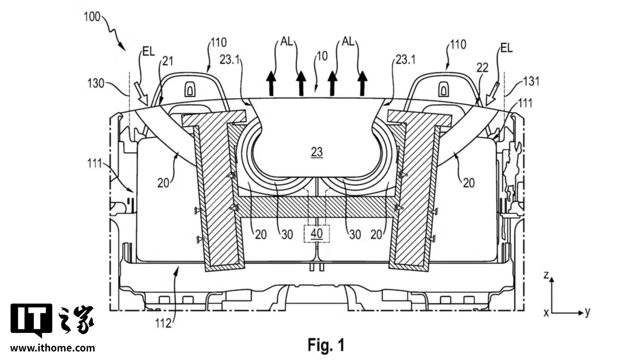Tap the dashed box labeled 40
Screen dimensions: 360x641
point(316,234)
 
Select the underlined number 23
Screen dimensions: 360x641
point(316,152)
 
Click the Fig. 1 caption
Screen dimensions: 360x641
point(326,344)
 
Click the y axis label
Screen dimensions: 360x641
point(588,312)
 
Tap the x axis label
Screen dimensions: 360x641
point(546,312)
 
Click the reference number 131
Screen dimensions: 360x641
point(531,81)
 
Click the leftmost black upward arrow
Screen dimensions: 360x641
point(271,83)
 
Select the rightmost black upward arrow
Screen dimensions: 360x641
point(362,83)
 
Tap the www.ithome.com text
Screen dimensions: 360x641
point(53,348)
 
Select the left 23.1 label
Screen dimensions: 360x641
point(230,60)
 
